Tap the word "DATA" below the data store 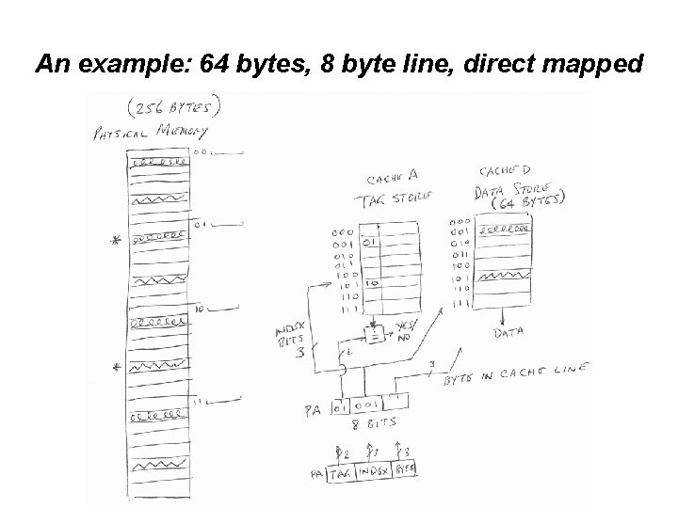tap(508, 332)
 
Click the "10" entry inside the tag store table tap(372, 282)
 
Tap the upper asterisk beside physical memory tap(117, 242)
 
